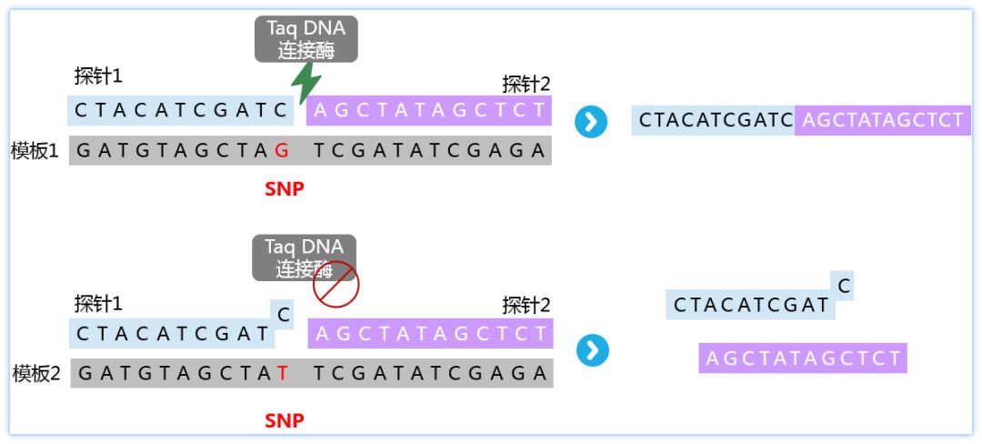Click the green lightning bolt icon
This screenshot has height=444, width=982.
pyautogui.click(x=306, y=82)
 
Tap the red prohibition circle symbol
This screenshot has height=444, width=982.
pyautogui.click(x=336, y=284)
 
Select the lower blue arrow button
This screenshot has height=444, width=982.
pyautogui.click(x=592, y=350)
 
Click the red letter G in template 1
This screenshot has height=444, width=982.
pyautogui.click(x=282, y=150)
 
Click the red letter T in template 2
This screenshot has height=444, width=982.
pyautogui.click(x=283, y=372)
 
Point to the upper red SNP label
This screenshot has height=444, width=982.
pyautogui.click(x=284, y=189)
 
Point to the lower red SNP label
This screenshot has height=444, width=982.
pyautogui.click(x=284, y=420)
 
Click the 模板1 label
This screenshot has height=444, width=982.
pyautogui.click(x=35, y=150)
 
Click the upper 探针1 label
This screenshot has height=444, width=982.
pyautogui.click(x=98, y=76)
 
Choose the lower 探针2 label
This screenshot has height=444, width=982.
pyautogui.click(x=526, y=306)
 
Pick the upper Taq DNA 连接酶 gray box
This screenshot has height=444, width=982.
pyautogui.click(x=306, y=39)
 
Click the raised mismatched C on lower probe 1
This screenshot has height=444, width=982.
pyautogui.click(x=284, y=315)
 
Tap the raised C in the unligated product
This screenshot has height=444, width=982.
pyautogui.click(x=845, y=287)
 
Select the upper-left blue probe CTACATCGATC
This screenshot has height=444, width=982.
pyautogui.click(x=182, y=111)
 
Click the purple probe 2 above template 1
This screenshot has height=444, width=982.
pyautogui.click(x=429, y=111)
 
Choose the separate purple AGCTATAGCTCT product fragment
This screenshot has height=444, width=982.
pyautogui.click(x=803, y=358)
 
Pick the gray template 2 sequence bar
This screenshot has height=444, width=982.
pyautogui.click(x=311, y=372)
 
